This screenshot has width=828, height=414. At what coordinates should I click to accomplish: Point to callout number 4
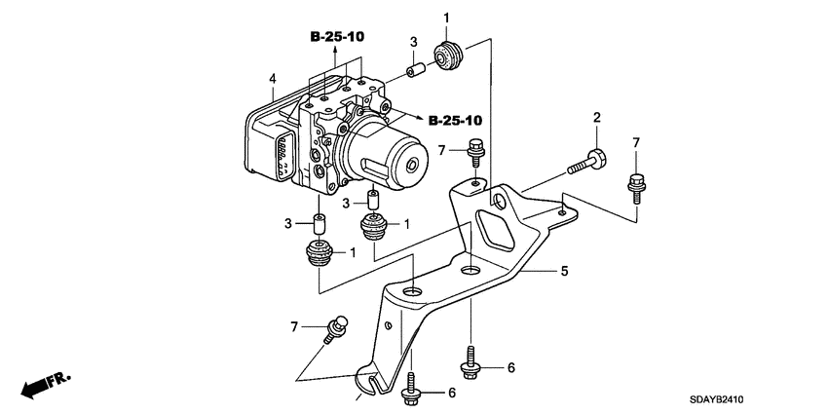pos(273,78)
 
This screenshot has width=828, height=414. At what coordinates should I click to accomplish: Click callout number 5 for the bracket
pos(563,273)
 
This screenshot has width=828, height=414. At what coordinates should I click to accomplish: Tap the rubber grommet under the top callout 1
pos(449,57)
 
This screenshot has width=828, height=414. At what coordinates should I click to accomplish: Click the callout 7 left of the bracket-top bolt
pos(441,150)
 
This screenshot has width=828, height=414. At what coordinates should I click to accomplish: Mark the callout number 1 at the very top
pos(447,18)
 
